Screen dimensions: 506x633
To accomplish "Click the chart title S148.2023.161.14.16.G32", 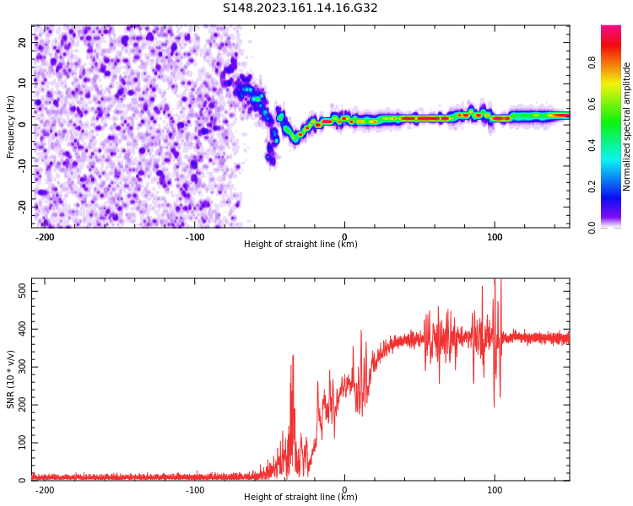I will [x=300, y=8].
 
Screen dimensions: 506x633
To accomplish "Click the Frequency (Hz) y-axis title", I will [x=11, y=126].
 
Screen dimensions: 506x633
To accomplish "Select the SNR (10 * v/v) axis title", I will [x=11, y=380].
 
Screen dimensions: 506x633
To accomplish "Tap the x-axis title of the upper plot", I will [x=300, y=245].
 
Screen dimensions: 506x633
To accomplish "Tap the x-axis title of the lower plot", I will [x=300, y=498].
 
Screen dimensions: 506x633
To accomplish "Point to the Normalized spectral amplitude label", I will [x=627, y=126].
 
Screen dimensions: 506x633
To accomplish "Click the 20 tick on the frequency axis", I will [x=22, y=41].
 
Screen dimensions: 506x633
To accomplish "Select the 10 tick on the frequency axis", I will [x=22, y=83].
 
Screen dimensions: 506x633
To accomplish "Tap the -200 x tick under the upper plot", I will [x=45, y=237].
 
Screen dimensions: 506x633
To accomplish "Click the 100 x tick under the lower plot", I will [x=495, y=490].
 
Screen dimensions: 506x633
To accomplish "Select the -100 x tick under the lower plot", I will [x=195, y=490].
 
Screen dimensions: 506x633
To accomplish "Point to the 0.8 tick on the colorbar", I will [x=592, y=62].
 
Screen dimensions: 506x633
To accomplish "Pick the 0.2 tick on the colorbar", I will [x=592, y=186].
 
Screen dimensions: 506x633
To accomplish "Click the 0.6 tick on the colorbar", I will [x=592, y=104].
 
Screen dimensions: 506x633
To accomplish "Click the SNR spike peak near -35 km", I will [x=293, y=356].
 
